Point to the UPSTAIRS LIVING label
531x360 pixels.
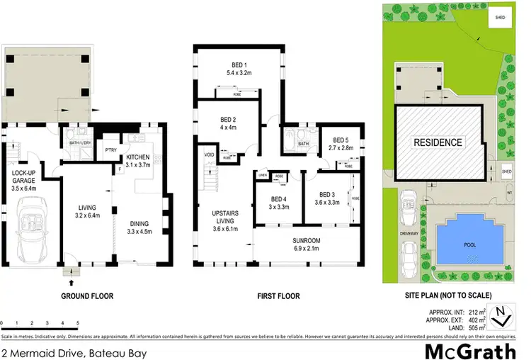click(x=233, y=216)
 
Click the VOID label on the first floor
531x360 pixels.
click(x=209, y=154)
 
